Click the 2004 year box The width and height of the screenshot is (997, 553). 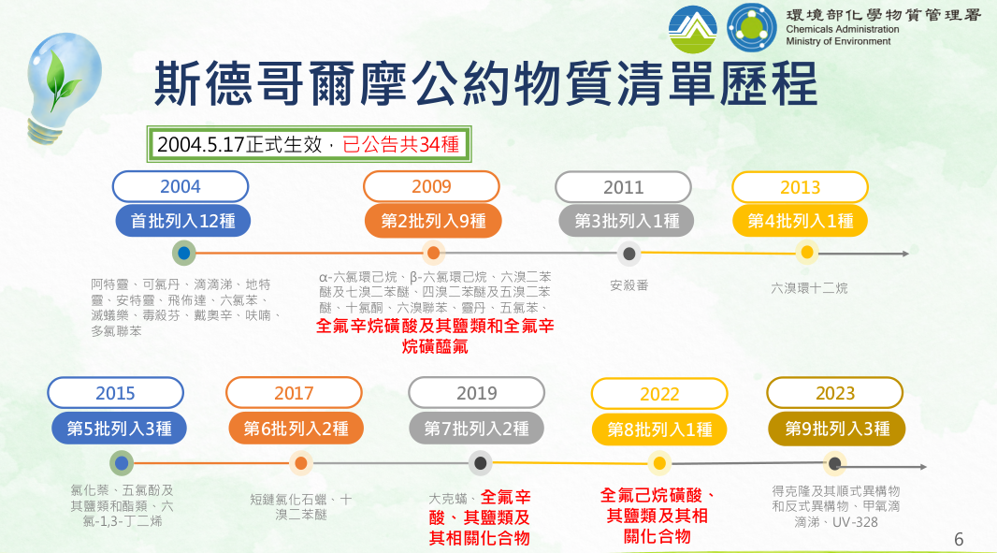click(180, 186)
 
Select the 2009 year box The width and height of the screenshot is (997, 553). click(431, 186)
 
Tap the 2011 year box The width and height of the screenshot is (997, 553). click(623, 187)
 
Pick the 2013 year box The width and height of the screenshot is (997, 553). click(800, 187)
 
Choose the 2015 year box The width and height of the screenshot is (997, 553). click(115, 393)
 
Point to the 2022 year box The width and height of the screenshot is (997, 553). click(659, 394)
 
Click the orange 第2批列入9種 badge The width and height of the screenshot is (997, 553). click(433, 221)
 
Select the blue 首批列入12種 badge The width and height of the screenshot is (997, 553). click(183, 221)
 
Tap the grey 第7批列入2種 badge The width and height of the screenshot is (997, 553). click(476, 429)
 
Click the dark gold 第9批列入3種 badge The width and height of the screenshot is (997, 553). click(837, 429)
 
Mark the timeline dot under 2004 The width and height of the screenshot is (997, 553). click(183, 254)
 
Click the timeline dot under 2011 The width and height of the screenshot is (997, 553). click(629, 254)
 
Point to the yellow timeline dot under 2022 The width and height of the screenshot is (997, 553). click(659, 463)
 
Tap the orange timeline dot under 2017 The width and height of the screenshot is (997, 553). click(301, 463)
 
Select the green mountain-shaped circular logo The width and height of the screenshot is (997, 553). click(693, 29)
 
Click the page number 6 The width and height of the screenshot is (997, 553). click(959, 540)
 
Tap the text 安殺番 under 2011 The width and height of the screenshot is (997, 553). click(629, 285)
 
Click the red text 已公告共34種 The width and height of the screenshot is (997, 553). click(400, 144)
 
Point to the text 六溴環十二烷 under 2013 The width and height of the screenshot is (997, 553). click(809, 288)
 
